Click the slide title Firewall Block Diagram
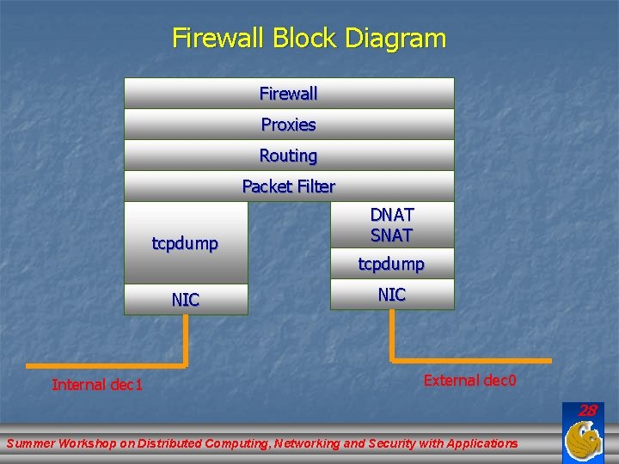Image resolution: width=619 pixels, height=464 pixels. click(309, 38)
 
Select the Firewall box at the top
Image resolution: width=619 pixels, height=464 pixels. click(289, 93)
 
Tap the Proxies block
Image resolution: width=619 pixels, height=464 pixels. click(289, 125)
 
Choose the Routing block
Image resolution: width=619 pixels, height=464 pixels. click(289, 156)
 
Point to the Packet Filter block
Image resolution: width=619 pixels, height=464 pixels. click(289, 186)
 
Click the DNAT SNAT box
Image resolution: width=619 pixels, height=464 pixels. click(392, 224)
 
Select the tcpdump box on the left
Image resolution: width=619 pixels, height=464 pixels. click(185, 243)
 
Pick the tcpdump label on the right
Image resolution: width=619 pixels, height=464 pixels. click(392, 264)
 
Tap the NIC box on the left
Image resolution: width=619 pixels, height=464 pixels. click(186, 299)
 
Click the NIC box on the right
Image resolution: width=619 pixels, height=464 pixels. click(392, 294)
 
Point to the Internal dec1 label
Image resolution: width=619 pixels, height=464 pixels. click(97, 384)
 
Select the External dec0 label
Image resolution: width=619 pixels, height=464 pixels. click(470, 380)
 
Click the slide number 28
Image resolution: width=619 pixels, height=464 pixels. click(587, 411)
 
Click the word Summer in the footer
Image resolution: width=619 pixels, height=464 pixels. click(31, 443)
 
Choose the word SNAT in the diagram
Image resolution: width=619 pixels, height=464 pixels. click(392, 235)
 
